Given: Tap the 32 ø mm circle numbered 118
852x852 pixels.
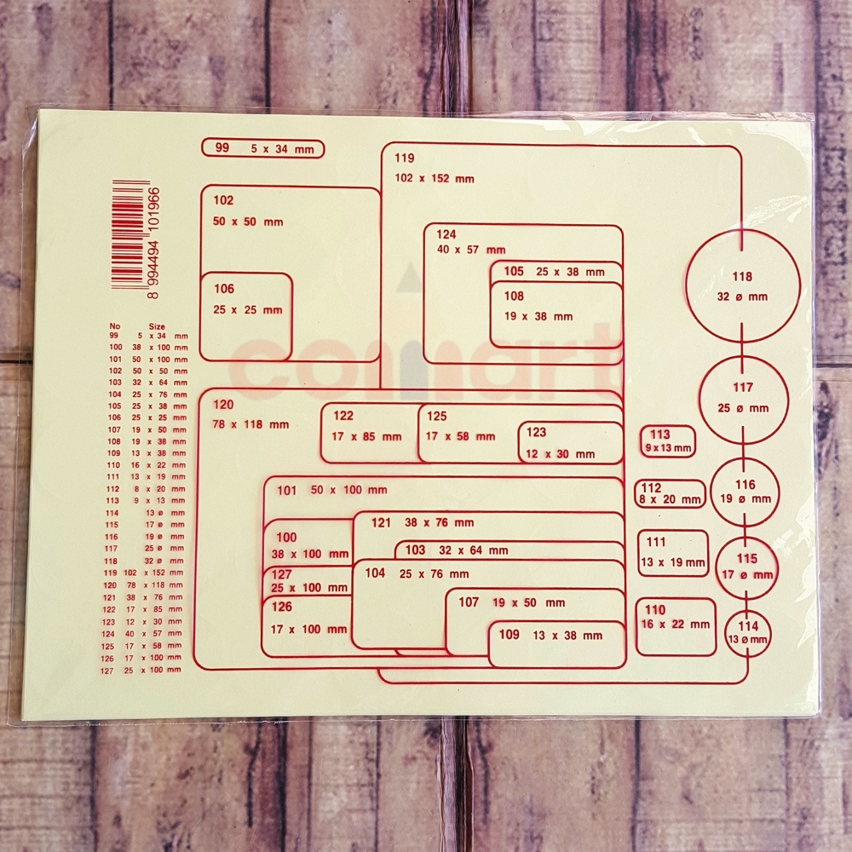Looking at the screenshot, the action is tap(743, 285).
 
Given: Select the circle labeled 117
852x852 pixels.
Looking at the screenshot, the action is tap(744, 399).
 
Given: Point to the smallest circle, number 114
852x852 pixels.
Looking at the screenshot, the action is tap(747, 633).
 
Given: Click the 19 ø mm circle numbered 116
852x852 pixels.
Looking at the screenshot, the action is tap(745, 492).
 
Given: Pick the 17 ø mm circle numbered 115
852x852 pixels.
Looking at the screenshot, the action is tap(746, 567).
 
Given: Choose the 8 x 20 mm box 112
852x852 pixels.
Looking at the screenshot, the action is tap(671, 494).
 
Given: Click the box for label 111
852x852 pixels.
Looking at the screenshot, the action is tap(673, 553).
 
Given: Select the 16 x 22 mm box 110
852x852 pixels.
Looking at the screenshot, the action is tap(675, 626).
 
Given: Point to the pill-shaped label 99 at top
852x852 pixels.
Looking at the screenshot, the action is tap(262, 149).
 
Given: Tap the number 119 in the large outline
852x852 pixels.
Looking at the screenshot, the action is tap(404, 158).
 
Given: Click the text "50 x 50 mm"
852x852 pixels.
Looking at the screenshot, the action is tap(248, 222).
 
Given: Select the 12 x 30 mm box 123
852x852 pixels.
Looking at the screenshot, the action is tap(571, 443).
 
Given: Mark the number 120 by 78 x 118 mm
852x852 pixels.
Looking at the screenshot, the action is tap(223, 404).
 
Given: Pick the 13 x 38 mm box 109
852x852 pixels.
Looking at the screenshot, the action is tap(556, 644).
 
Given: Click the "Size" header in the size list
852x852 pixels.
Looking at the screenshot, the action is tap(157, 325).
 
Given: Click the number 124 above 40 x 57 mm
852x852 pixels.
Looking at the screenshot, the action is tap(446, 234).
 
